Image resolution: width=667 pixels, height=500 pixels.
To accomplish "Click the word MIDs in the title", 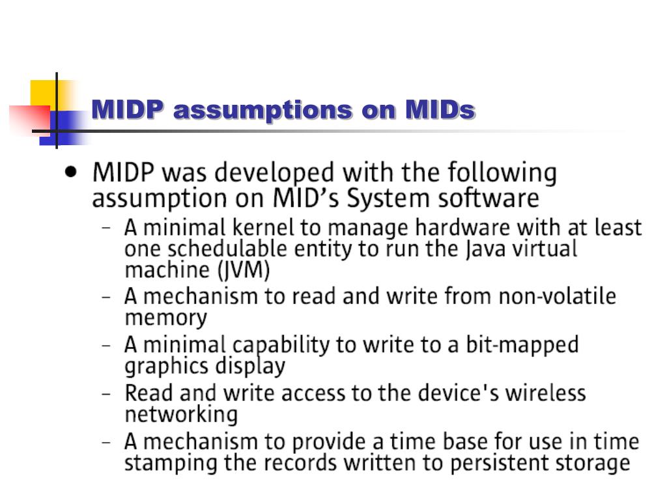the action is coord(440,109).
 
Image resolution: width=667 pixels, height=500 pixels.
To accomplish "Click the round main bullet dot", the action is coord(71,172).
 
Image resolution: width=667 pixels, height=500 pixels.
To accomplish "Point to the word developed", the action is coord(274,174).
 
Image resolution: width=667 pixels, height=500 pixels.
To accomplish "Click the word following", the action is coord(502,174).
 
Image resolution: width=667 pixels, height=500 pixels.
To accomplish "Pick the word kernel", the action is coord(263,227).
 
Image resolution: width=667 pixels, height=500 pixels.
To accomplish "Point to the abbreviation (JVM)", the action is coord(244,270).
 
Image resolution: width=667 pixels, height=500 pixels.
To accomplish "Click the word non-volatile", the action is coord(557,296).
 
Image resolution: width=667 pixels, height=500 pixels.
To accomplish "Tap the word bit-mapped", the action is coord(522,345).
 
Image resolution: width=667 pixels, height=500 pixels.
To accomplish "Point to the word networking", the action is coord(181,415).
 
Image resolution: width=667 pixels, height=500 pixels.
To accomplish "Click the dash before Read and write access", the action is coord(106,394).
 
